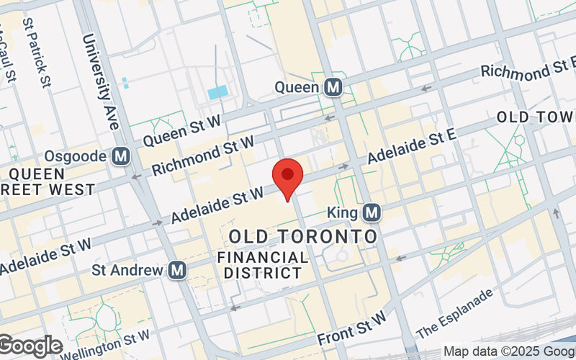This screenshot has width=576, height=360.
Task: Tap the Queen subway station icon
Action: pyautogui.click(x=333, y=87)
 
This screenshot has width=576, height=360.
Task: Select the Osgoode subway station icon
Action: pyautogui.click(x=121, y=156)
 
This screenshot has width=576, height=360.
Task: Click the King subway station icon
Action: pyautogui.click(x=372, y=212)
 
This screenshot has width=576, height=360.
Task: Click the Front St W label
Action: pyautogui.click(x=352, y=326)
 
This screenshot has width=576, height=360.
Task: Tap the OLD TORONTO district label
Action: pyautogui.click(x=303, y=237)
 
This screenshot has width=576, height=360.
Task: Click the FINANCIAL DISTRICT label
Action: pyautogui.click(x=263, y=265)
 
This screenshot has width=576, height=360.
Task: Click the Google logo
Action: pyautogui.click(x=30, y=346)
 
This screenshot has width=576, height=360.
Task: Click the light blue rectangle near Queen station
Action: pyautogui.click(x=217, y=92)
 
